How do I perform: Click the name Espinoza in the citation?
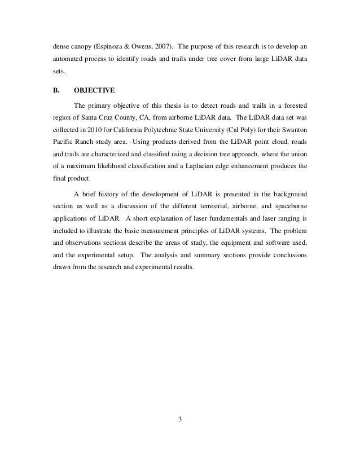point(113,45)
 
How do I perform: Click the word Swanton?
point(293,133)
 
